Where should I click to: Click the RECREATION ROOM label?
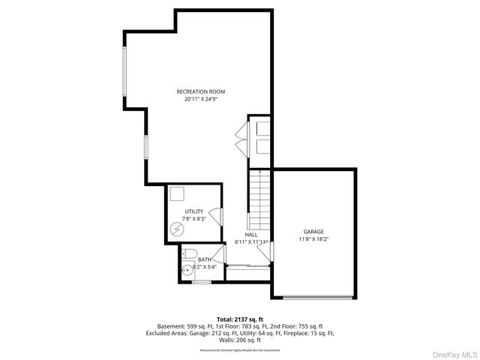200,91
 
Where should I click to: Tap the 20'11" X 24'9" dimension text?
200,99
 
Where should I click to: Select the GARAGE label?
313,232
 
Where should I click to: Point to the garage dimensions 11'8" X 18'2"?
313,239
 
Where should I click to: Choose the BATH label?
204,259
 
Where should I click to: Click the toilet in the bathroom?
189,253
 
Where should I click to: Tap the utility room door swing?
216,217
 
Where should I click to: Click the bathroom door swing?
219,254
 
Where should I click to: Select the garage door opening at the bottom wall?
317,298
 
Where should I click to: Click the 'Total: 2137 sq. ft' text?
239,319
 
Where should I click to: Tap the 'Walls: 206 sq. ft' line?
240,340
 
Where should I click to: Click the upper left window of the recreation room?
125,76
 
